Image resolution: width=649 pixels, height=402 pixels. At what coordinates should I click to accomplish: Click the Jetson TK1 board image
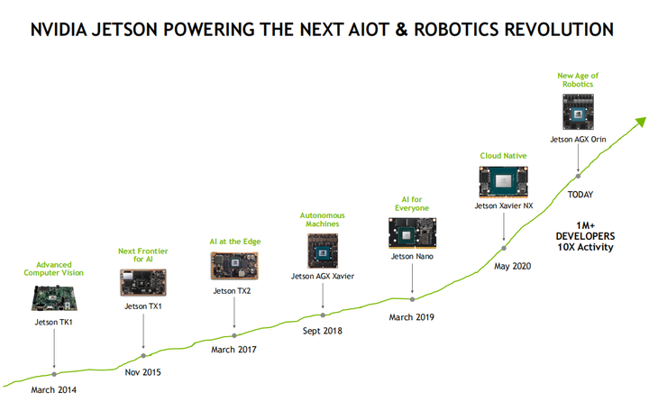(54, 297)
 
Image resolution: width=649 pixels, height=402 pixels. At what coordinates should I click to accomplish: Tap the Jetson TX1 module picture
(143, 282)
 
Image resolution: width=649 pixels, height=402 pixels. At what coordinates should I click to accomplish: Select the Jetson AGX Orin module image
(578, 112)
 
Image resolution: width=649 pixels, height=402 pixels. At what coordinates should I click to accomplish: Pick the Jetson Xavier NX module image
(504, 182)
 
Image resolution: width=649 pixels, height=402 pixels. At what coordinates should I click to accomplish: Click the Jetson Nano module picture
(412, 233)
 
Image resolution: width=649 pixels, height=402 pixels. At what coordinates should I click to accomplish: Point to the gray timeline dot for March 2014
(54, 374)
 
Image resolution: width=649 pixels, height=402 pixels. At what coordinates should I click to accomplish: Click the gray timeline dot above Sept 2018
(323, 315)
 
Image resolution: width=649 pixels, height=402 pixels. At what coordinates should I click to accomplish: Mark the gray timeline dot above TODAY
(578, 176)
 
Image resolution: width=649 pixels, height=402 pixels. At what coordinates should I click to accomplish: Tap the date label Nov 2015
(142, 372)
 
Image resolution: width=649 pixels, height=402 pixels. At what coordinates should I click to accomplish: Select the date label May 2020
(512, 266)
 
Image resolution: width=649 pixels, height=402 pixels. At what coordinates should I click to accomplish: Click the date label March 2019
(411, 317)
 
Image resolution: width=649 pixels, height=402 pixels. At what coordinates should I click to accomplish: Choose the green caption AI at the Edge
(235, 242)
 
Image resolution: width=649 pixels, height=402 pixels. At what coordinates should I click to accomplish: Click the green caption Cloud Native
(503, 156)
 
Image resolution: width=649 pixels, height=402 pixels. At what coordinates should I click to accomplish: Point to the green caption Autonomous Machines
(323, 219)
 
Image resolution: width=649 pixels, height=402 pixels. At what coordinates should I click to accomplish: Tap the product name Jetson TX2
(232, 291)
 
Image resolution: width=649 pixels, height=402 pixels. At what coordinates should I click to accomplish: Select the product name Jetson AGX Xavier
(323, 276)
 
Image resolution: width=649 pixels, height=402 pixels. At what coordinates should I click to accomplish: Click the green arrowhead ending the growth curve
(641, 122)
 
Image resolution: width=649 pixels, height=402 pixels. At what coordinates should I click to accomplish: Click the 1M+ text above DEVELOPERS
(586, 225)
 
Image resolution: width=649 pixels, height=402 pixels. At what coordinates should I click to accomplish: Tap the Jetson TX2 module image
(234, 266)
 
